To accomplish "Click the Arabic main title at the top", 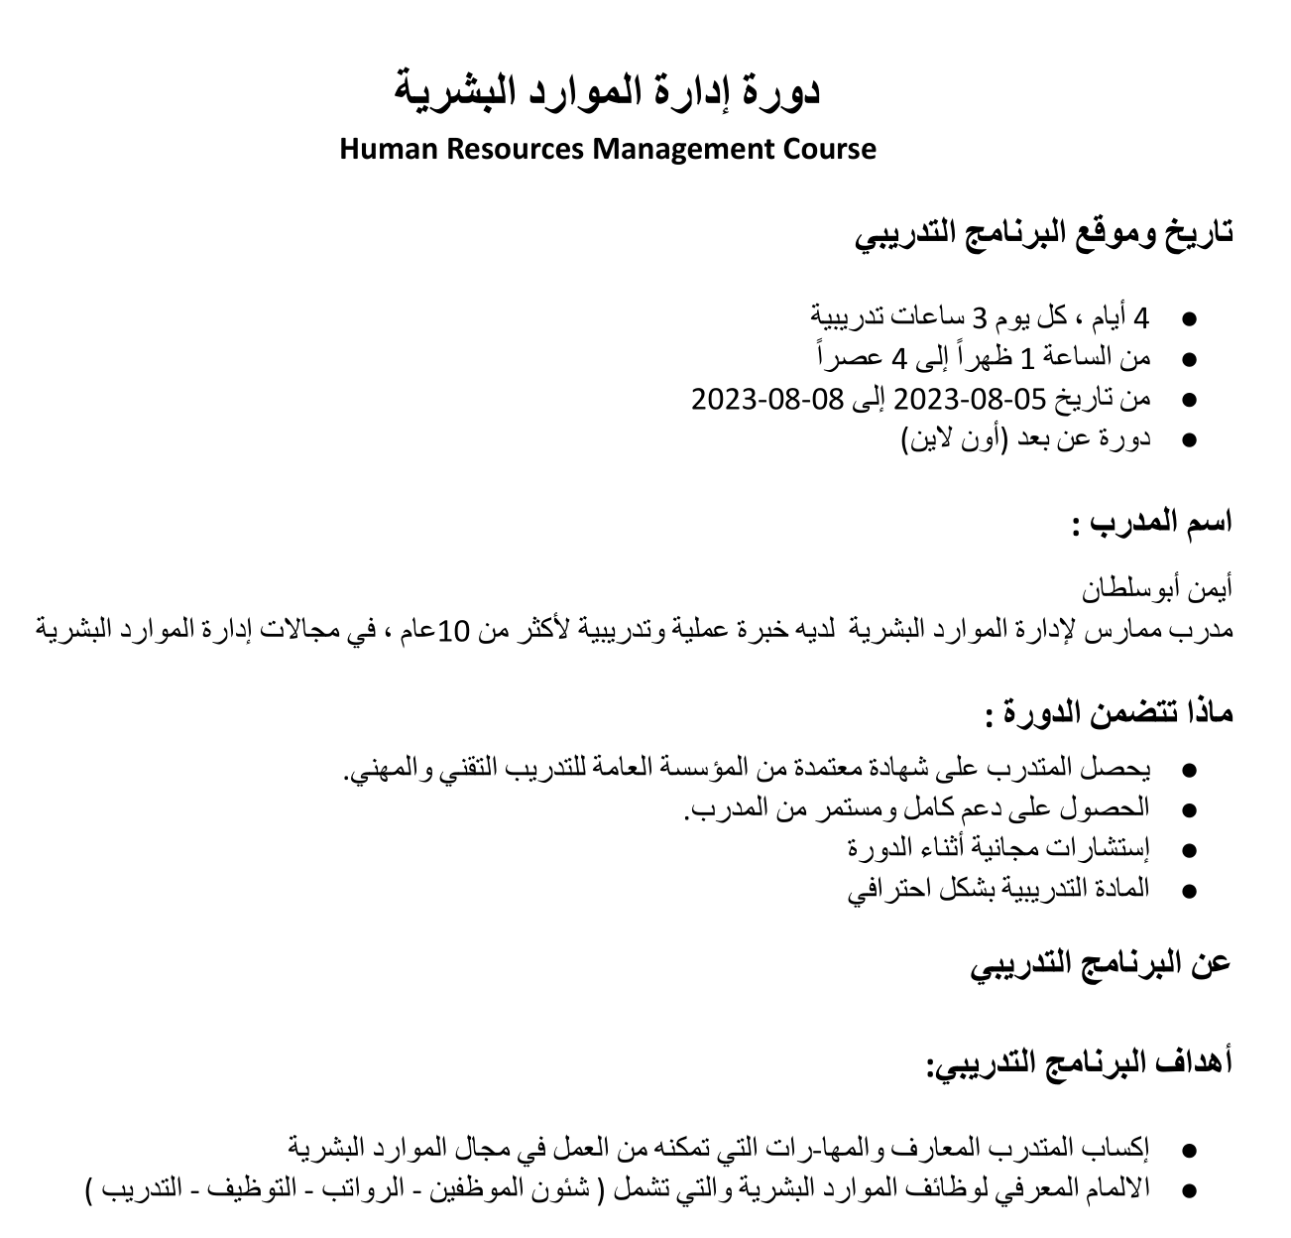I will click(x=608, y=91).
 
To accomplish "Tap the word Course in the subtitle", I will click(x=830, y=150).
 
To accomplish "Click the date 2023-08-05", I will click(x=971, y=399).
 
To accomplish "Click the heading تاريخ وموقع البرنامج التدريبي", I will click(x=1045, y=234).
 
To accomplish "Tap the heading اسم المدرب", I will click(x=1152, y=521).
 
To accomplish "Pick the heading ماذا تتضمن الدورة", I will click(x=1110, y=711).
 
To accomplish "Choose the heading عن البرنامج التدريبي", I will click(x=1101, y=962).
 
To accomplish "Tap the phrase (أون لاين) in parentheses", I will click(x=954, y=438).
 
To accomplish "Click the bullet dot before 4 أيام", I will click(x=1191, y=319).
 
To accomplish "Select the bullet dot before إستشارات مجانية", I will click(x=1191, y=850).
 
